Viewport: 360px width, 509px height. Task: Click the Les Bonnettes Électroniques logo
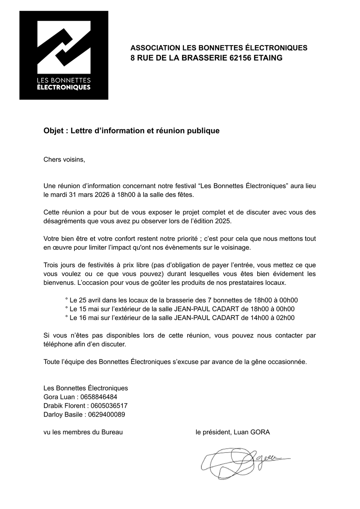point(64,55)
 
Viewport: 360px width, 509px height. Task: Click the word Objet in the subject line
point(54,131)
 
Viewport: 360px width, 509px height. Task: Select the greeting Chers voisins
point(64,159)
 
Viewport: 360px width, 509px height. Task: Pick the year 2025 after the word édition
point(223,221)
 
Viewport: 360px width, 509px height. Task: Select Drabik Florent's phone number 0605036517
point(109,406)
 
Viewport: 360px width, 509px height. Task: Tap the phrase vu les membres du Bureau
point(83,432)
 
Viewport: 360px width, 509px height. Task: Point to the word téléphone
point(58,344)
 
